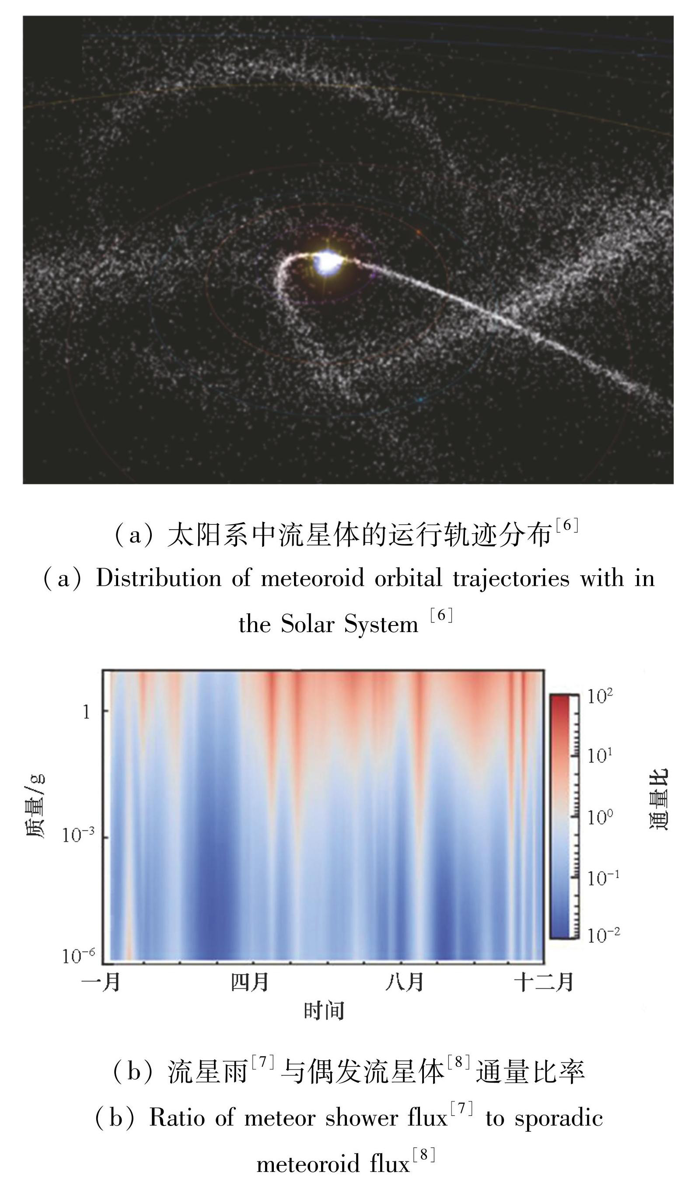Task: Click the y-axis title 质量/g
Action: click(36, 806)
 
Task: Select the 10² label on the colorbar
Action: click(600, 696)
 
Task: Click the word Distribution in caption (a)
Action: click(158, 578)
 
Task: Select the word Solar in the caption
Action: click(308, 625)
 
